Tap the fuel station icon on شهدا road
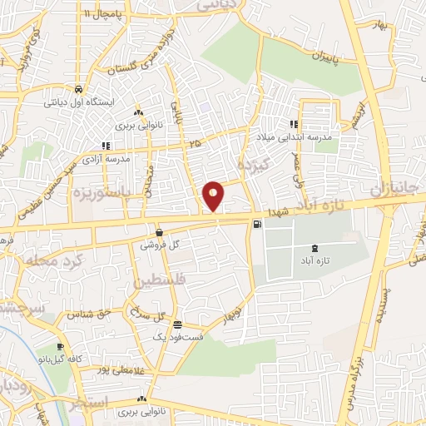click(256, 222)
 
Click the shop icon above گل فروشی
click(159, 232)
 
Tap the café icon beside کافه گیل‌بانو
click(61, 346)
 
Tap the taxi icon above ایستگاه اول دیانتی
click(77, 89)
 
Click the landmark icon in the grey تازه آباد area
click(314, 248)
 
